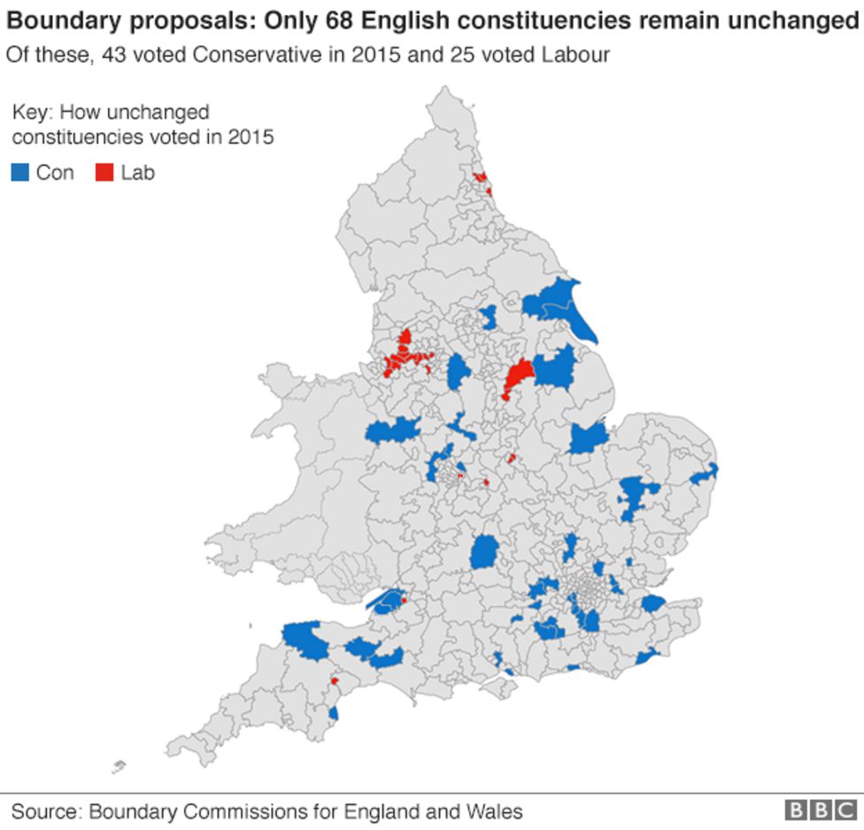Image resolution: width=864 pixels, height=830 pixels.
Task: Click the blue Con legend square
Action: [19, 173]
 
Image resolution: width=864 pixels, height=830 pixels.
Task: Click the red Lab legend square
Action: [104, 173]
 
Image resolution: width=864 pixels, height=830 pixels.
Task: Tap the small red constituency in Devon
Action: [335, 681]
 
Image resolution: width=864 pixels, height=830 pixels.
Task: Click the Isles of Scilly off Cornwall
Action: [119, 767]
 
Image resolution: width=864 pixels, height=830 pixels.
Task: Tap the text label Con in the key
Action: [55, 173]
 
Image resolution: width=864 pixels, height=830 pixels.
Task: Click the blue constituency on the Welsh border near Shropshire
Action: [392, 431]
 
